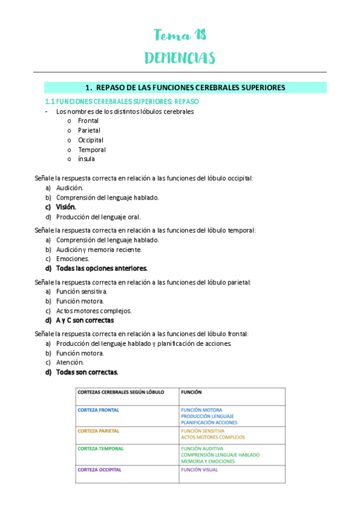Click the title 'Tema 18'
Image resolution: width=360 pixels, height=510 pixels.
tap(180, 35)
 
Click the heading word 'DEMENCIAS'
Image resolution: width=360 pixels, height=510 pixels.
tap(180, 58)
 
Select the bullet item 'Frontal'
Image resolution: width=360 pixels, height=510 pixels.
tap(88, 120)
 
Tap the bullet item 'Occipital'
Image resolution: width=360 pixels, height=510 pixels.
tap(91, 140)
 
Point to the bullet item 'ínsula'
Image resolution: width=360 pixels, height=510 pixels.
tap(87, 159)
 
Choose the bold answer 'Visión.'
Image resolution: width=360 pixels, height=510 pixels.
tap(66, 207)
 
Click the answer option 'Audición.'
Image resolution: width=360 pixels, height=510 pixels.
tap(70, 188)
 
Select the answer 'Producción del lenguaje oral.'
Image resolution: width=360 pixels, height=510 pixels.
tap(99, 217)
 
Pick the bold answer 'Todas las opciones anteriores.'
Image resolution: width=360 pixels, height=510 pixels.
tap(102, 268)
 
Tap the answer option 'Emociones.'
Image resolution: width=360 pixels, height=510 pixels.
tap(73, 259)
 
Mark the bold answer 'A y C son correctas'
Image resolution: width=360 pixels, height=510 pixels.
tap(85, 320)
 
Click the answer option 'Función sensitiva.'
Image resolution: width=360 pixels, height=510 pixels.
tap(82, 291)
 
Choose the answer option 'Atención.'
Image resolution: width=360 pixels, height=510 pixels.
tap(70, 362)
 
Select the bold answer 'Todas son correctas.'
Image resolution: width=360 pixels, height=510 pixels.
tap(87, 372)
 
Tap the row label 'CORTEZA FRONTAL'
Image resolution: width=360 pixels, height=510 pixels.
tap(99, 410)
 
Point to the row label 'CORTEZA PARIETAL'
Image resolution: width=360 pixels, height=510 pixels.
tap(99, 431)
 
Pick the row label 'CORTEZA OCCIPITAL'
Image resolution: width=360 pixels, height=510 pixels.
tap(100, 469)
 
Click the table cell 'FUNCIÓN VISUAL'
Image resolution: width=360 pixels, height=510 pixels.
tap(199, 470)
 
